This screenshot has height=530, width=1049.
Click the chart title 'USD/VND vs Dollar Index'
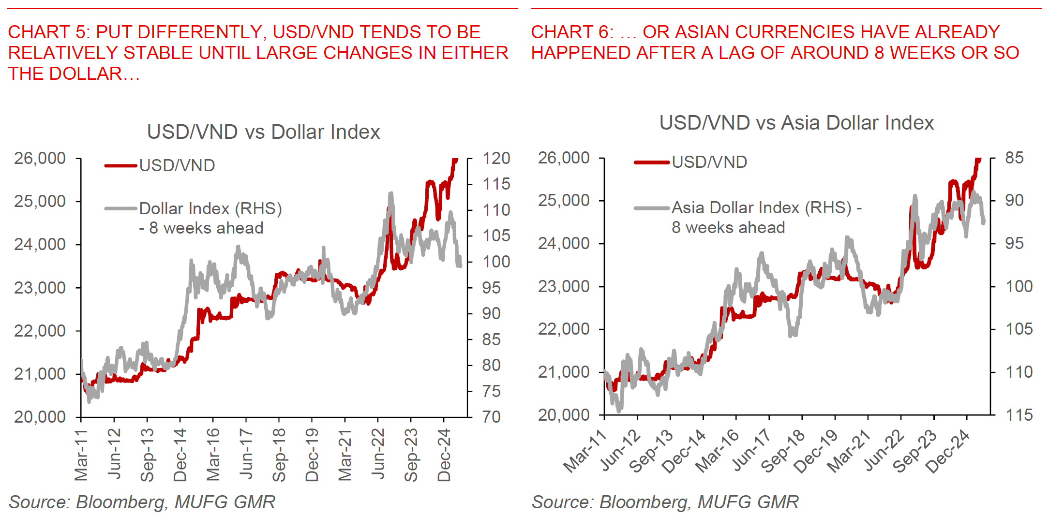[x=263, y=132]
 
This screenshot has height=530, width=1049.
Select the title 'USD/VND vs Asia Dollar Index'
[x=796, y=123]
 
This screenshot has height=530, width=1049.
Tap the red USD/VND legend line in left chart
[x=121, y=166]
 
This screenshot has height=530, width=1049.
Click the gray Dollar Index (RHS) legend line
[x=121, y=209]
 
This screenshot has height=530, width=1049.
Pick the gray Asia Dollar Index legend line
[x=652, y=208]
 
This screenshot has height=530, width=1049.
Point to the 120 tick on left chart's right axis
[x=496, y=158]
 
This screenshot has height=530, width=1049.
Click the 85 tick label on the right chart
[x=1014, y=158]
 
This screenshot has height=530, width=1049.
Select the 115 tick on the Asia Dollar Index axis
[x=1019, y=415]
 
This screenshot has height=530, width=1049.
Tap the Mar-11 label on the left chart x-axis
[x=81, y=455]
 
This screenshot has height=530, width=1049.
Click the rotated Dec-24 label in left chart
[x=444, y=455]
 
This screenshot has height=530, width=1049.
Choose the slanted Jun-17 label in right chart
[x=751, y=451]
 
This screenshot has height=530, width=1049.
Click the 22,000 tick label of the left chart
[x=40, y=331]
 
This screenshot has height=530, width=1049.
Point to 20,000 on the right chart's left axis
[x=564, y=414]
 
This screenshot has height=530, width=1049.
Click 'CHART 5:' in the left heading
[x=49, y=32]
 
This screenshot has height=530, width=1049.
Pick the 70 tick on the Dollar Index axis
[x=491, y=416]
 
